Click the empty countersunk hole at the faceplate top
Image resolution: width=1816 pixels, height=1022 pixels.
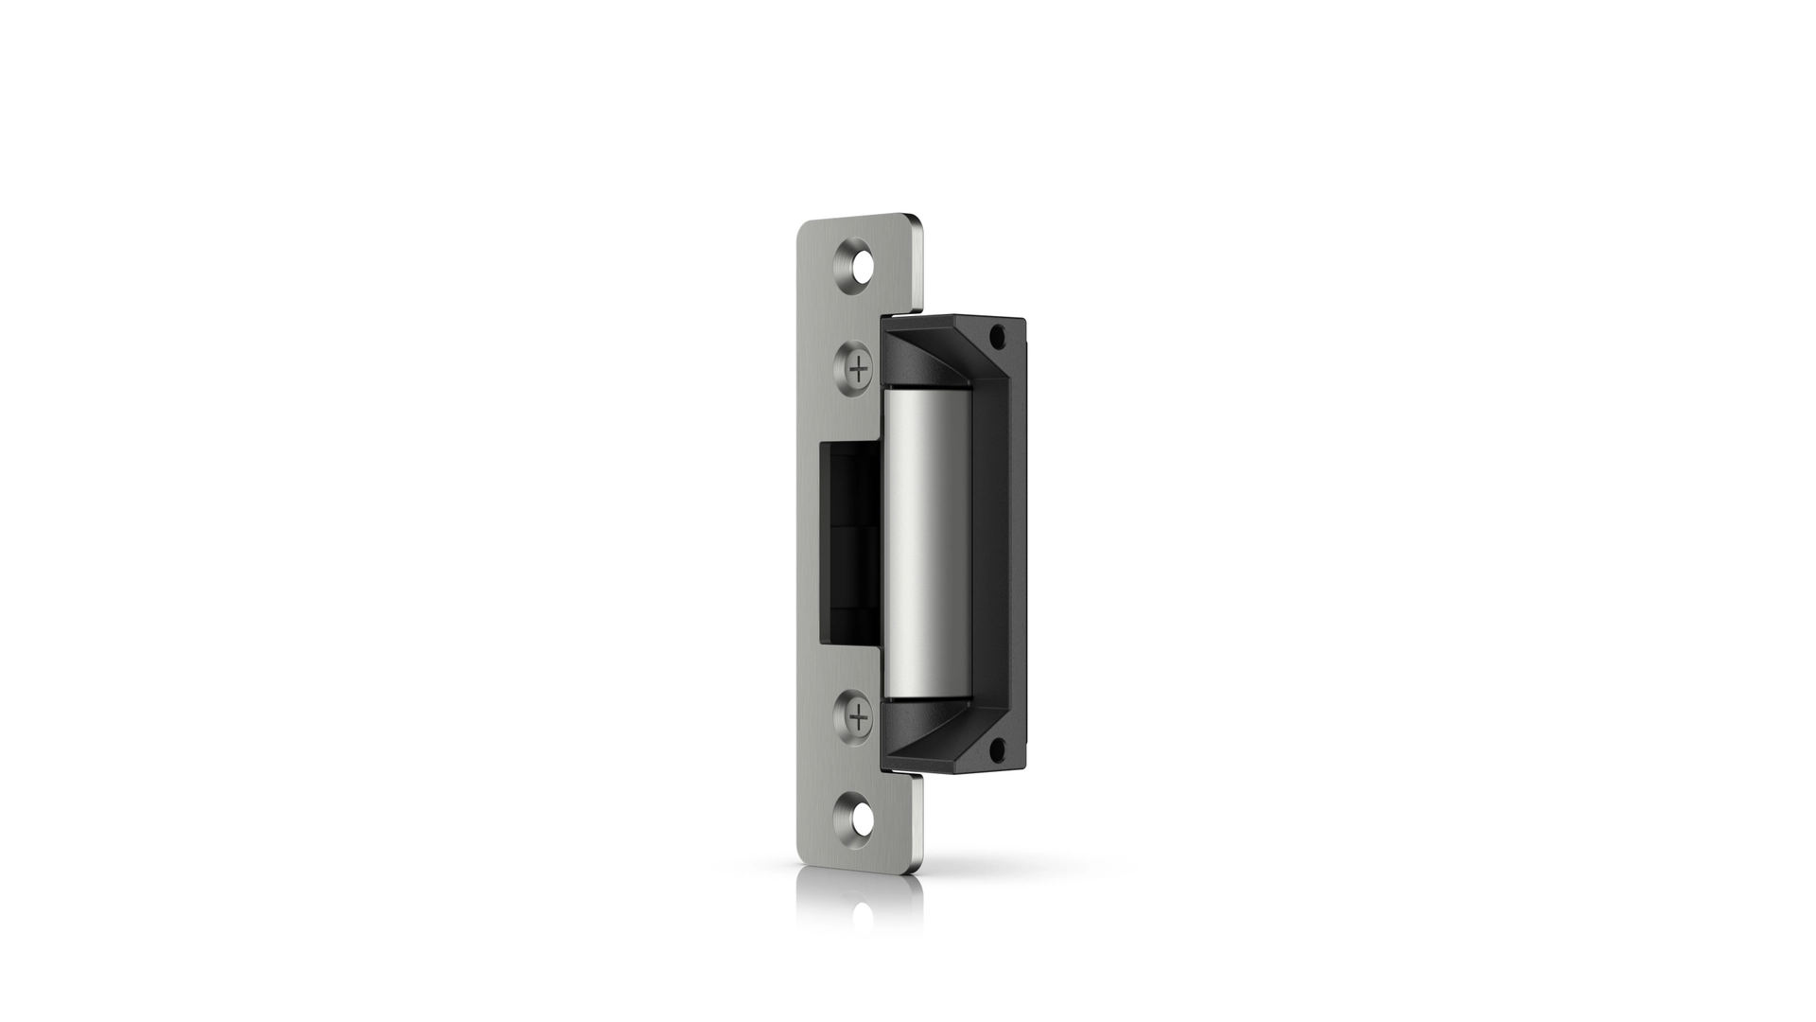click(x=859, y=267)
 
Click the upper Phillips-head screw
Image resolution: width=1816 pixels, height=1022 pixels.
click(x=858, y=368)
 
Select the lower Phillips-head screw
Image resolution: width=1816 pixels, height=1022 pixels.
click(x=858, y=719)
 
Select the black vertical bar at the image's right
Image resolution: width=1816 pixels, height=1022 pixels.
click(x=1618, y=511)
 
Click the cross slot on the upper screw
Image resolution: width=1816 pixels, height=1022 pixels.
click(x=858, y=368)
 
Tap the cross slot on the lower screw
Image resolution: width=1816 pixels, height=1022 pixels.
click(x=858, y=719)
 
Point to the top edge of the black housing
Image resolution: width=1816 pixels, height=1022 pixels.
click(x=955, y=319)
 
